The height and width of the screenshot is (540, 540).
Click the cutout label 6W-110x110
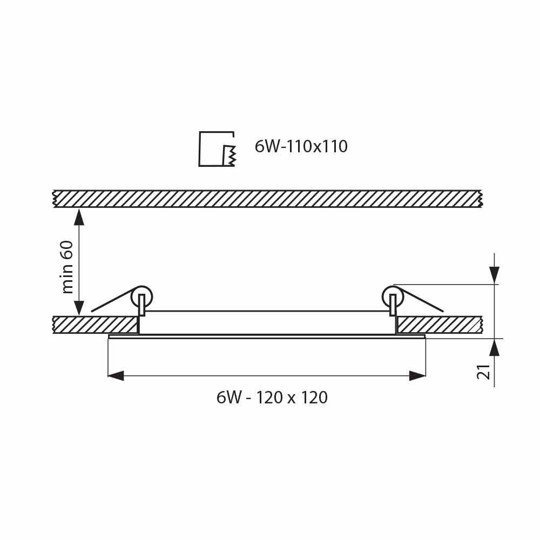[301, 147]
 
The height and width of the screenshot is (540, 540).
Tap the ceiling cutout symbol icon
[217, 149]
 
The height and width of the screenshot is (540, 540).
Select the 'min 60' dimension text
[67, 267]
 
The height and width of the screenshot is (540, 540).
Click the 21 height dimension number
[484, 371]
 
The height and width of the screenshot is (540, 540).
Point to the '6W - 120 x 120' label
[272, 398]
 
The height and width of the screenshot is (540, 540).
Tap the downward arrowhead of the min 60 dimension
[79, 308]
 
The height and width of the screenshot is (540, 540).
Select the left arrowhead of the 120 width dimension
[116, 376]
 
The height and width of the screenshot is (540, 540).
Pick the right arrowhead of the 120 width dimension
[417, 376]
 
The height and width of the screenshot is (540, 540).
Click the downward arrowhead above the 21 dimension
[494, 275]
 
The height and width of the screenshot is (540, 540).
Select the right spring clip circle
[393, 296]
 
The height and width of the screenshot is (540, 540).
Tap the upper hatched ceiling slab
[267, 199]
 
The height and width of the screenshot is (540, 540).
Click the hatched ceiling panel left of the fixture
[95, 325]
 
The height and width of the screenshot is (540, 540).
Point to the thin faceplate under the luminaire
[267, 337]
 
